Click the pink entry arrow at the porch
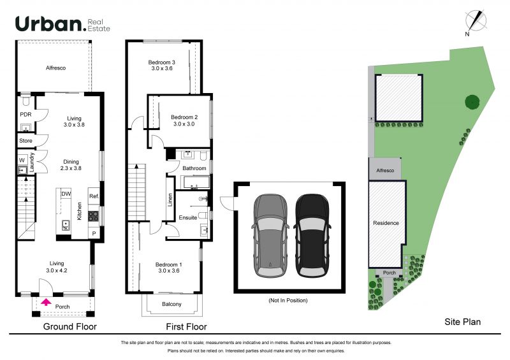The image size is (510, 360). click(47, 303)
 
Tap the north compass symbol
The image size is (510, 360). click(476, 21)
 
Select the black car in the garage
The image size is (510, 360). click(312, 236)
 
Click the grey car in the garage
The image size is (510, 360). click(270, 236)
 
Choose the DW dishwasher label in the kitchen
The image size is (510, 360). click(66, 194)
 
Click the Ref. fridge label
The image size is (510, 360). click(94, 196)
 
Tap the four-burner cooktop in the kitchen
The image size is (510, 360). click(93, 216)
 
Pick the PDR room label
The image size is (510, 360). click(25, 115)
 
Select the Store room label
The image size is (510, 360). click(25, 141)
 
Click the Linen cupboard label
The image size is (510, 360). click(170, 200)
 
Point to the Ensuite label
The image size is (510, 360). click(187, 218)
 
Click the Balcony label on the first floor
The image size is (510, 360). click(171, 304)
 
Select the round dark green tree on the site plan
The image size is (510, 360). click(472, 102)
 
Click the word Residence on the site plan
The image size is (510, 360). click(386, 223)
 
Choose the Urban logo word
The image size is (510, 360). click(49, 24)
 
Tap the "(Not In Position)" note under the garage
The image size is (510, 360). click(288, 301)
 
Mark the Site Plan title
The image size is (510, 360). click(463, 322)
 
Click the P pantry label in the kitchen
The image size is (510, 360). click(94, 233)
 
